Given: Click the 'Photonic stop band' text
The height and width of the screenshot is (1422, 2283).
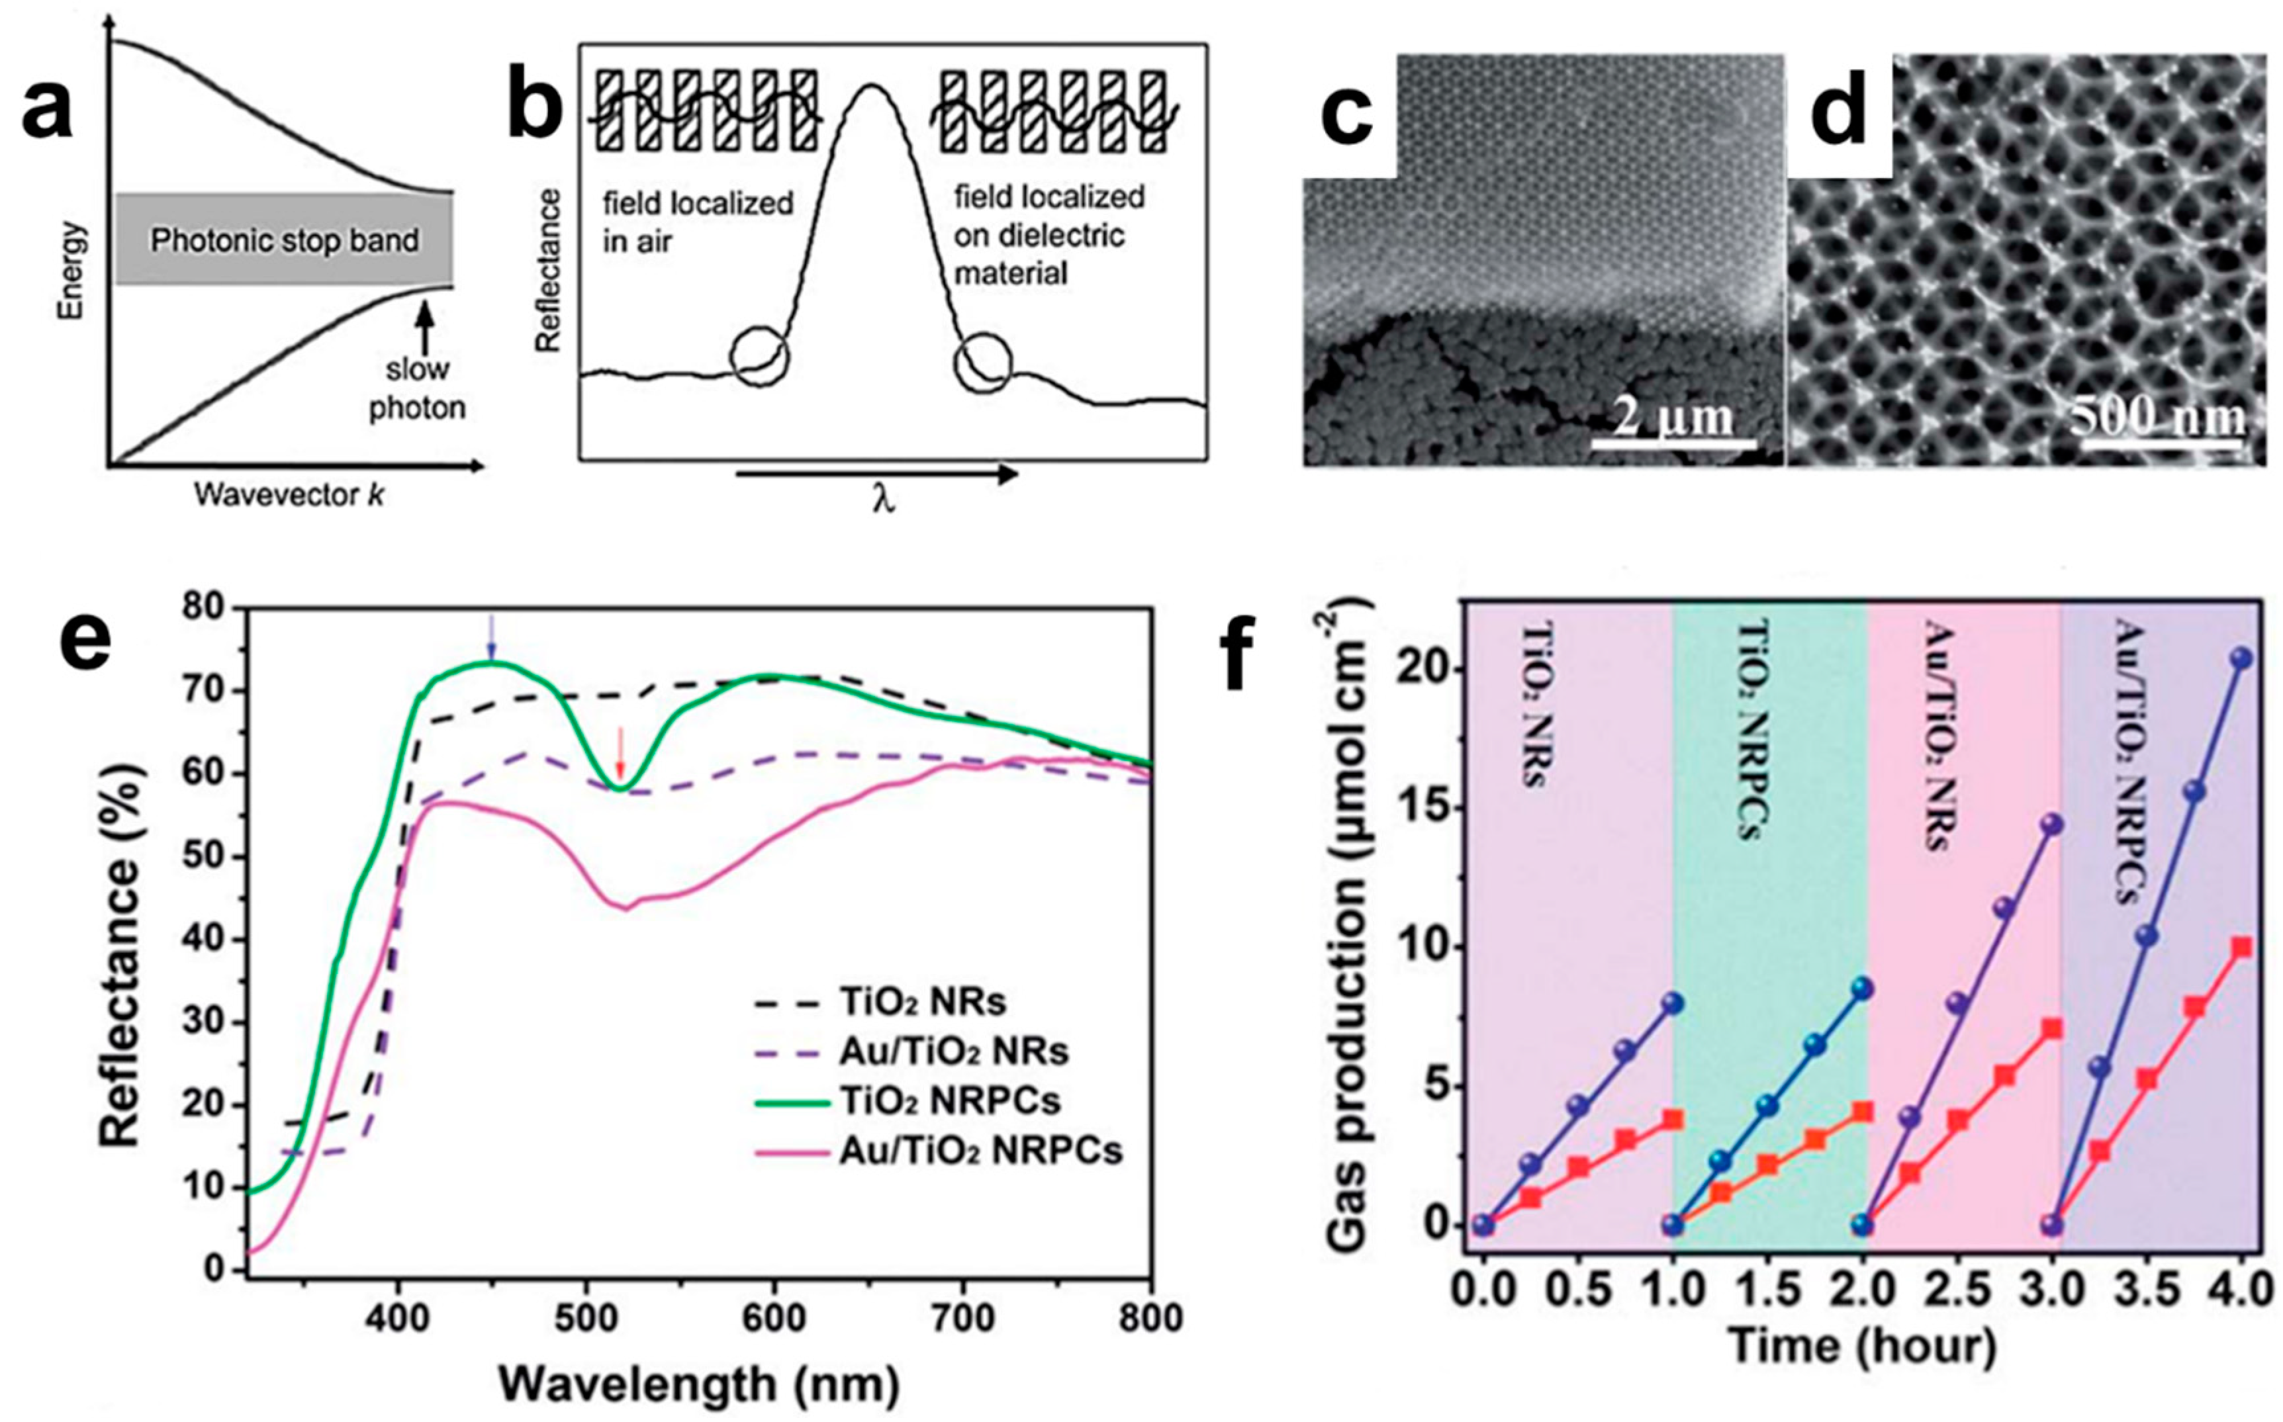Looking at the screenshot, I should coord(285,241).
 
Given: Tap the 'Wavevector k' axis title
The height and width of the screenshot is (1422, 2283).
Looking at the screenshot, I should coord(289,495).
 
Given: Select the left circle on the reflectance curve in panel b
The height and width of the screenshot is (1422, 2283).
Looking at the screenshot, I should coord(760,357).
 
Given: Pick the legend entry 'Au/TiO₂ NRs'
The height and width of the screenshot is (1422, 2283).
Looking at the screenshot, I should coord(953,1051).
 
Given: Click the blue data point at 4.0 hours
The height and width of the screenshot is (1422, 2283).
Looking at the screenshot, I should coord(2241,685).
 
